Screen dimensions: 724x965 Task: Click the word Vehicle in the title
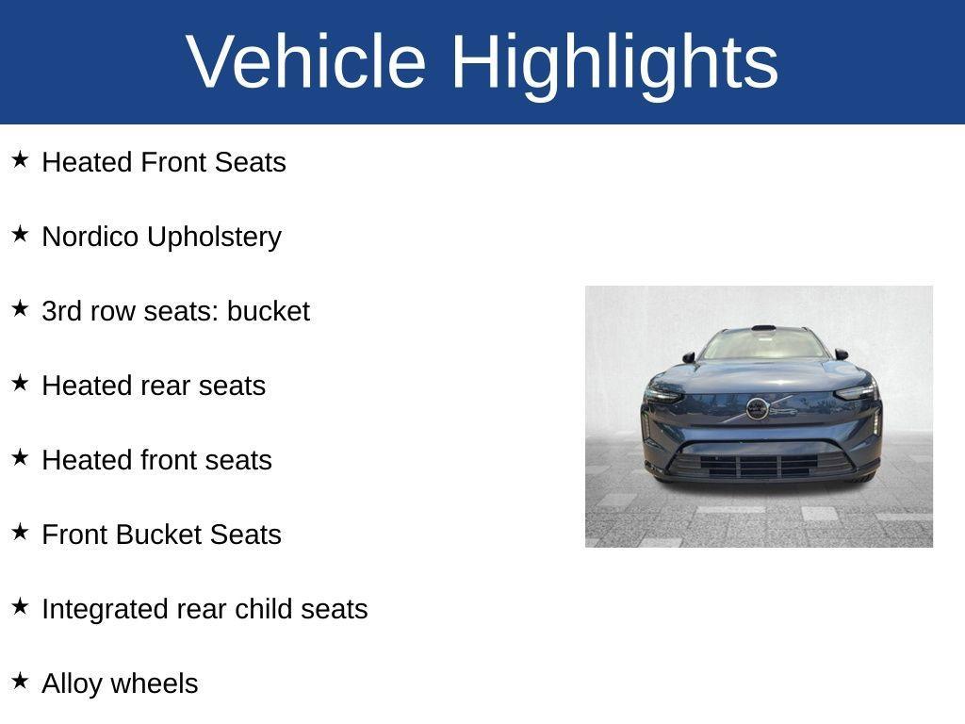[x=307, y=61]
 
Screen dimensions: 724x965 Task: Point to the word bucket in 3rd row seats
[x=268, y=311]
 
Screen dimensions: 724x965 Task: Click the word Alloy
[x=70, y=684]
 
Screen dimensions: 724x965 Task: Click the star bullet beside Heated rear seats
[x=20, y=383]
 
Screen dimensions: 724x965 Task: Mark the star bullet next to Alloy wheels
[x=20, y=681]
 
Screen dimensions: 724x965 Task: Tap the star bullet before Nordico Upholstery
[x=20, y=234]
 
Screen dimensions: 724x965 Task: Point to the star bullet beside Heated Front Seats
[x=20, y=159]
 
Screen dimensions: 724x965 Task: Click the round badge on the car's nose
[x=757, y=408]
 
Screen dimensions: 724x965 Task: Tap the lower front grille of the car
[x=758, y=465]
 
